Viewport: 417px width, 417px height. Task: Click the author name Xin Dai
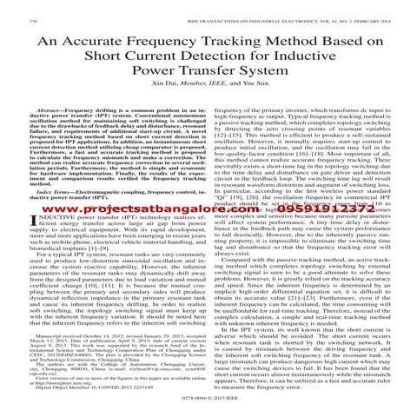(154, 96)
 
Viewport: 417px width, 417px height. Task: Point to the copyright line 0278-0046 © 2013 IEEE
(208, 407)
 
